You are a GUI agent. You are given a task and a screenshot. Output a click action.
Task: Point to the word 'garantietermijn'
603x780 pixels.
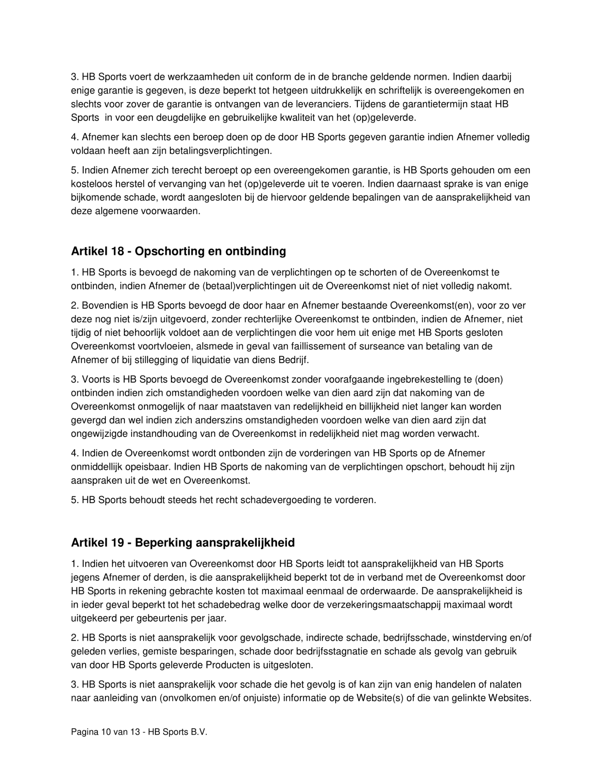(447, 104)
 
